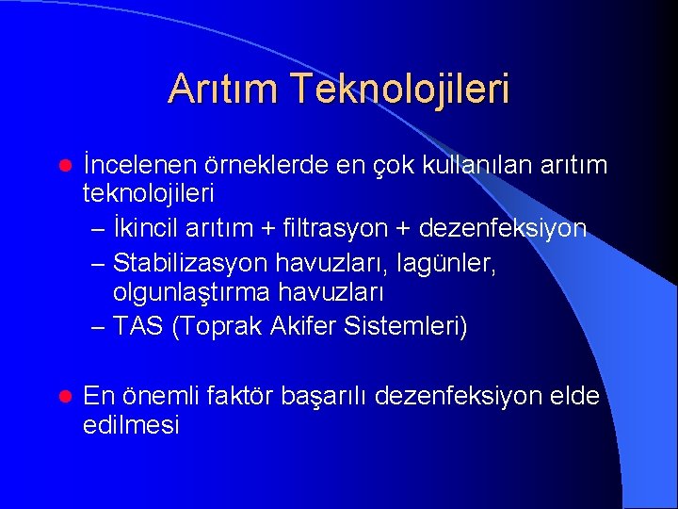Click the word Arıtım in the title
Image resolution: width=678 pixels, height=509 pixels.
click(223, 90)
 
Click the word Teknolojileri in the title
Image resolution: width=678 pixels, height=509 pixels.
click(400, 90)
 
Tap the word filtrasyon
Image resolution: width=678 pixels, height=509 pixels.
click(318, 228)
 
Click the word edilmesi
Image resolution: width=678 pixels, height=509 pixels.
click(131, 425)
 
